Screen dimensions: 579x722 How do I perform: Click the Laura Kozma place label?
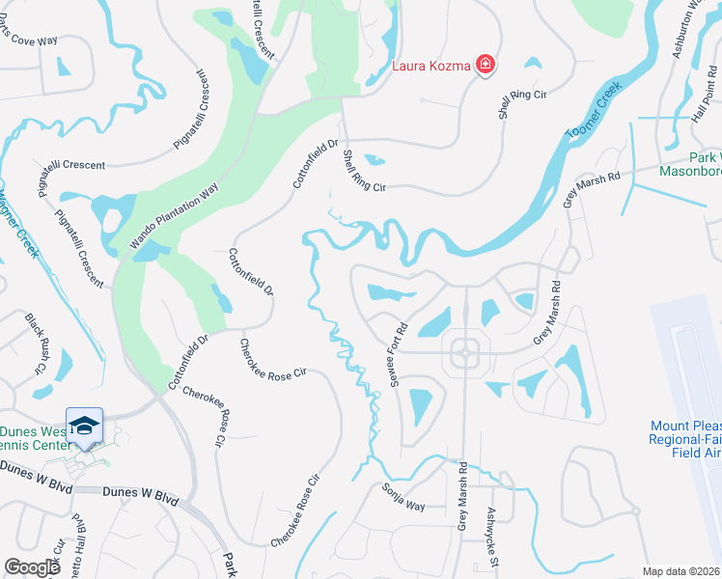click(430, 66)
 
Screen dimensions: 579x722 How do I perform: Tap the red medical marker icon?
click(486, 65)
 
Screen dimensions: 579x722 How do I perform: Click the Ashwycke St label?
click(493, 536)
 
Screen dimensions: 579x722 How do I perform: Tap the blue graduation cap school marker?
click(84, 426)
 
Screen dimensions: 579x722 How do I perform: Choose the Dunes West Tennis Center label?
click(34, 438)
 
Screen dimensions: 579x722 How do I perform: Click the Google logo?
click(33, 566)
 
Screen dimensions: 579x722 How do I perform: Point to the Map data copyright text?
click(680, 570)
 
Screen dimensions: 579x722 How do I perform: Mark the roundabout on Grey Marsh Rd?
click(464, 352)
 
